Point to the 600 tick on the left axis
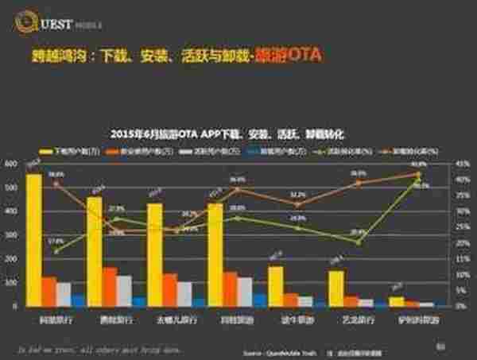pos(11,164)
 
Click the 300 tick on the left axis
pos(11,235)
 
